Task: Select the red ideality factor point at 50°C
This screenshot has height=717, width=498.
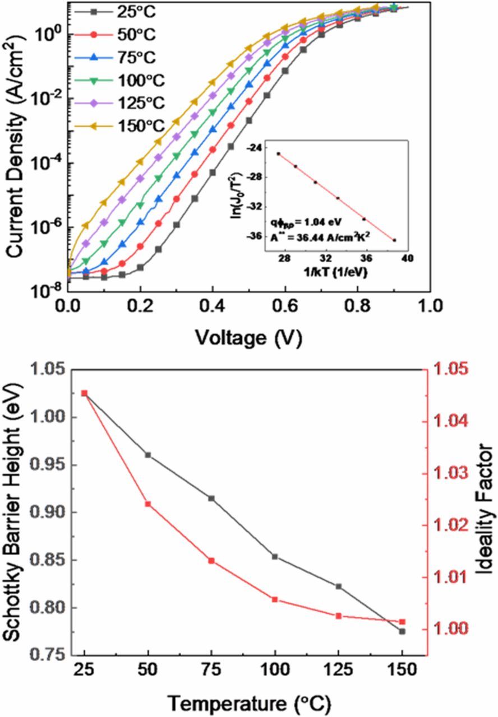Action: coord(148,504)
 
